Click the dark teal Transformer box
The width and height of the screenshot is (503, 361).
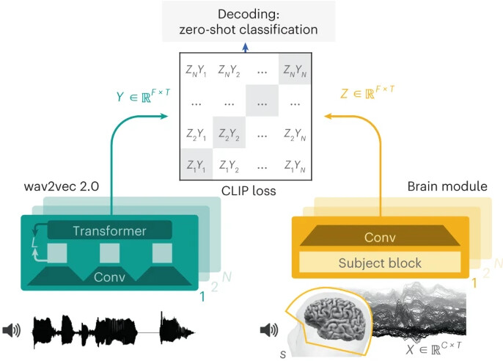(110, 230)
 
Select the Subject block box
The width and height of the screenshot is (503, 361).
(380, 262)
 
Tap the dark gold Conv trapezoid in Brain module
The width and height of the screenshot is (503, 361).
(380, 236)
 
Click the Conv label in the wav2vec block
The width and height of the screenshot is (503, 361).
(110, 277)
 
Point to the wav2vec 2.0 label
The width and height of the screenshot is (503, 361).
(62, 186)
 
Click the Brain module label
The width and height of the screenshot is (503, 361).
(447, 186)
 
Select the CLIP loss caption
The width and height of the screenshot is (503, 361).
(249, 191)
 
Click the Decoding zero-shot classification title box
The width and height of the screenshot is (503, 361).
(249, 21)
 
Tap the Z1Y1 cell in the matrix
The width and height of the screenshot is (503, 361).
(196, 164)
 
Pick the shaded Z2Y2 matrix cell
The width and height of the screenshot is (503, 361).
(229, 133)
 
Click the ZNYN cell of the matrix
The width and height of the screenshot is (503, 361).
(295, 69)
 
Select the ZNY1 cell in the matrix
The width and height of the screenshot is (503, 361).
(196, 69)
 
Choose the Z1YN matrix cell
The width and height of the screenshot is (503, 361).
(295, 164)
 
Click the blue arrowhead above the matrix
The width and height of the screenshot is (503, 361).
(246, 48)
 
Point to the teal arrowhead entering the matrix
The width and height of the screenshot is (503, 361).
(164, 116)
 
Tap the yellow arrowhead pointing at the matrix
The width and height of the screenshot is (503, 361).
(328, 116)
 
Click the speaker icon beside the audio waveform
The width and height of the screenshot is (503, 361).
(12, 330)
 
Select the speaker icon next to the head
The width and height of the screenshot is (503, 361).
(269, 330)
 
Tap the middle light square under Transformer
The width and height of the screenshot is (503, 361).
(109, 253)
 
